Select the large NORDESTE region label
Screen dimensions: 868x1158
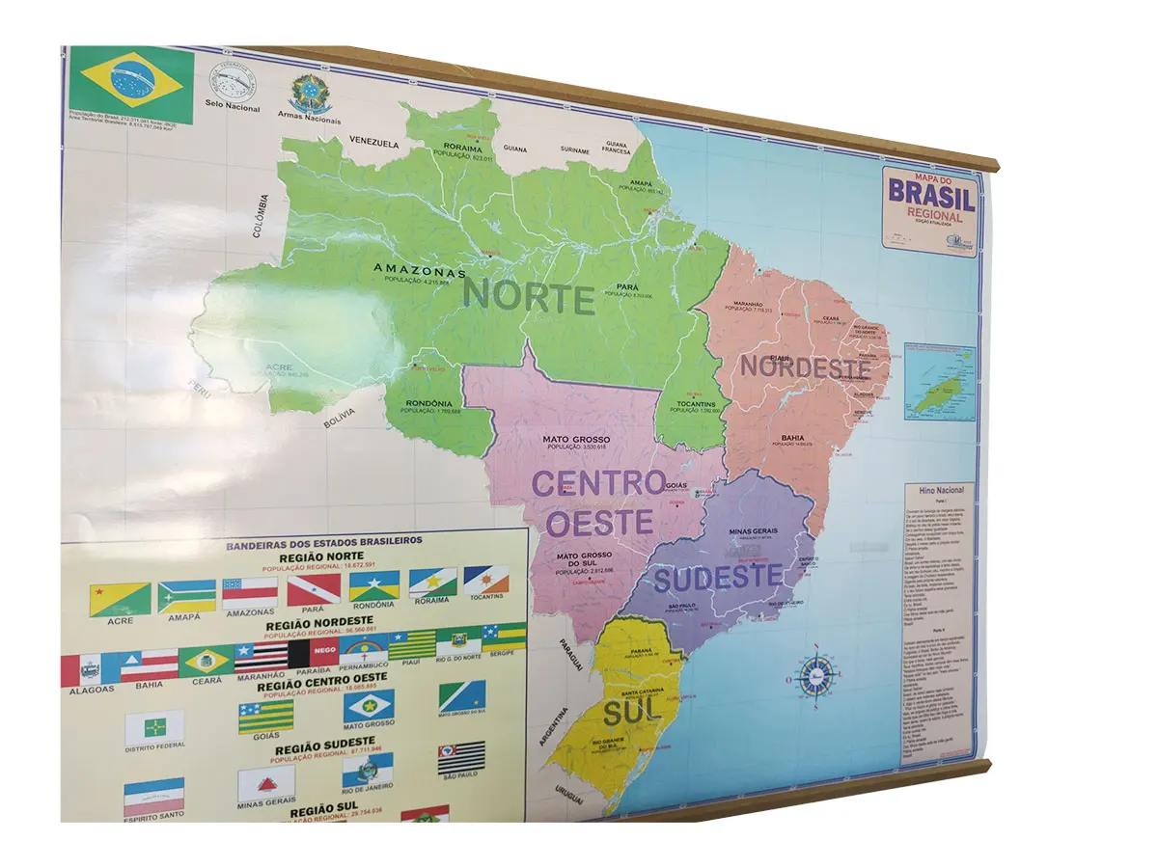tap(805, 366)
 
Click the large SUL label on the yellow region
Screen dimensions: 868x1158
tap(632, 711)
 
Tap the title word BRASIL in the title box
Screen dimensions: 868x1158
tap(931, 196)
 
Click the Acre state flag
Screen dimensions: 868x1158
tap(121, 599)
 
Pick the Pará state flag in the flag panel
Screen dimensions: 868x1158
tap(314, 589)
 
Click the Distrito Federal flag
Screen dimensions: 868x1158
tap(153, 726)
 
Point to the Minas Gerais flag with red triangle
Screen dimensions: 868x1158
tap(265, 783)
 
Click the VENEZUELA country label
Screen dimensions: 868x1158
tap(374, 144)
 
